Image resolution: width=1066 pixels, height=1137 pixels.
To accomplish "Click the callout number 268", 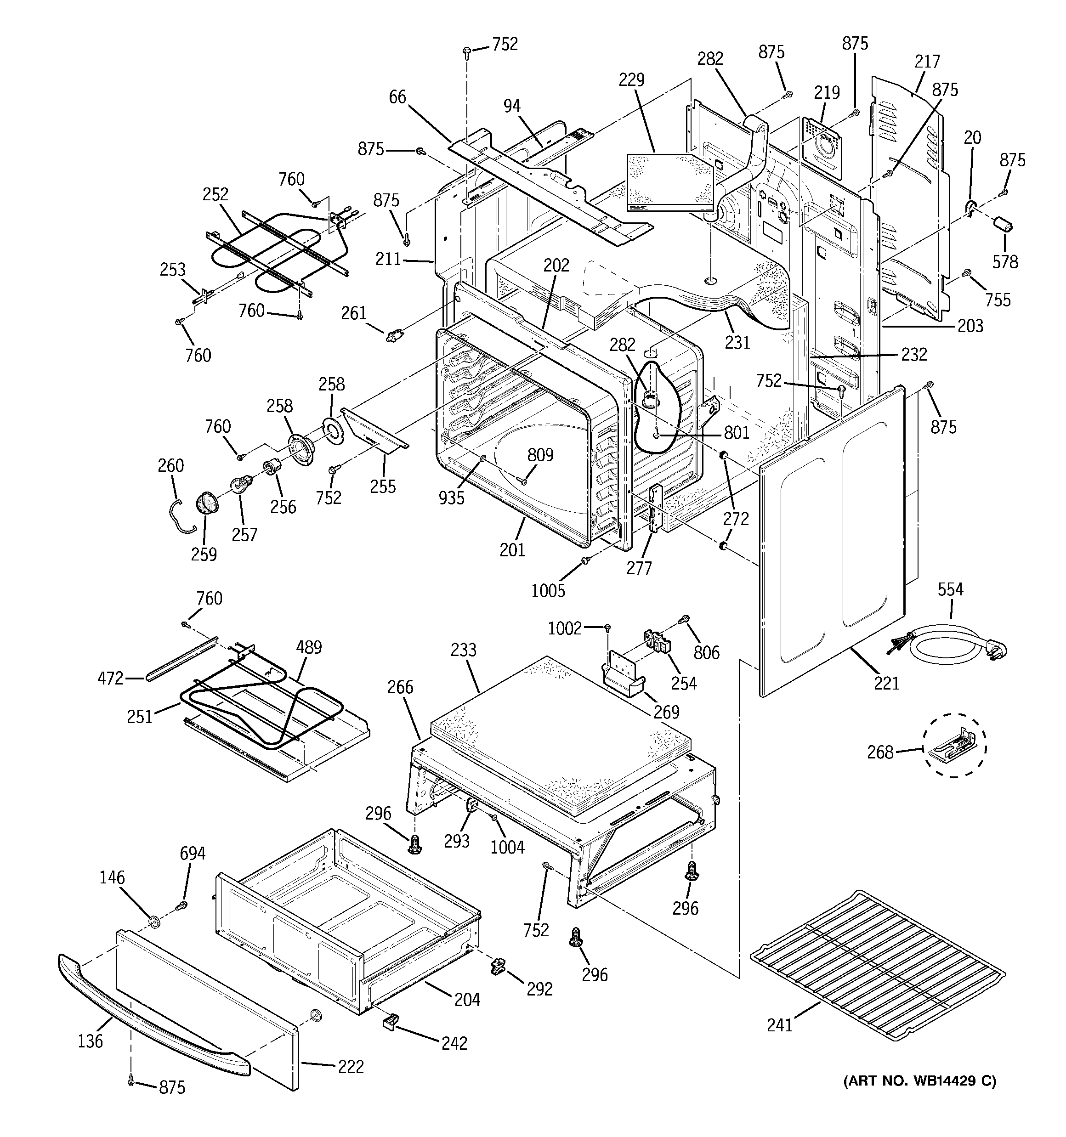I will coord(880,752).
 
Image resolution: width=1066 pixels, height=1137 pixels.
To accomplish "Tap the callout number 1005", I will coord(548,590).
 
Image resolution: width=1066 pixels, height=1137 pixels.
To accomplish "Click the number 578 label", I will coord(1005,261).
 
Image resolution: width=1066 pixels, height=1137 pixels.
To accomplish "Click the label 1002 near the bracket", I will coord(564,628).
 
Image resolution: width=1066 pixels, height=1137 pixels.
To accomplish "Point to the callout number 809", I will coord(540,455).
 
